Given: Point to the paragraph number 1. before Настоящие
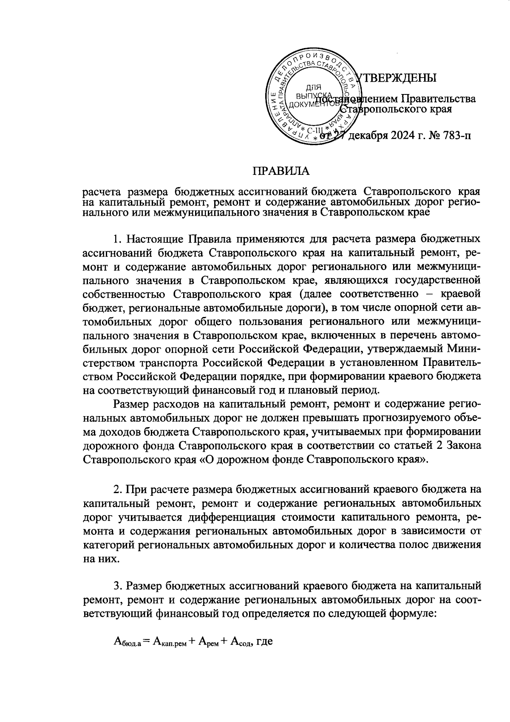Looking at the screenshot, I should (x=119, y=238).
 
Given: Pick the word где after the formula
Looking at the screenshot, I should (x=264, y=642).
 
